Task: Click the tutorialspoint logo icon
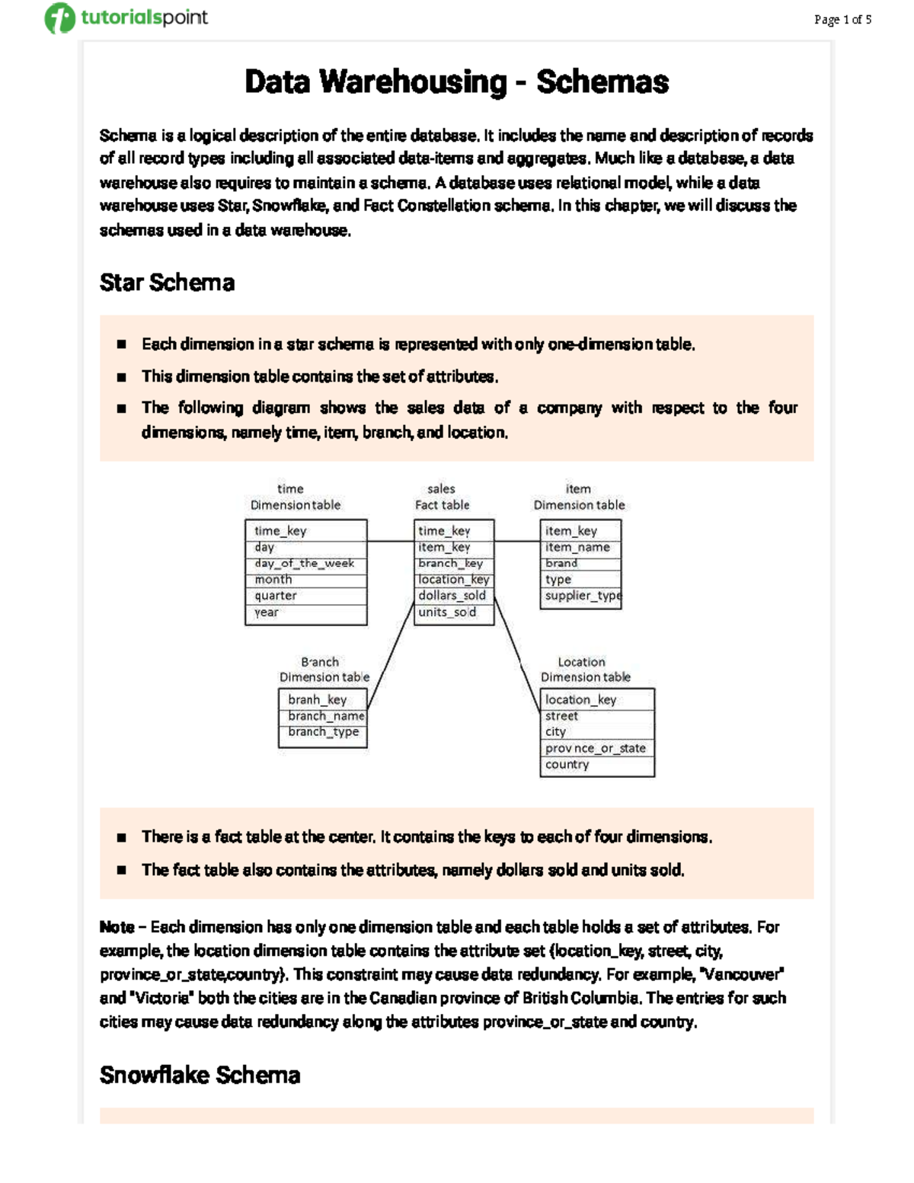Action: (59, 18)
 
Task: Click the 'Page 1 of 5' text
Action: (842, 20)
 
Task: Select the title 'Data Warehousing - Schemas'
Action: (456, 82)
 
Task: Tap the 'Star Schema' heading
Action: (167, 283)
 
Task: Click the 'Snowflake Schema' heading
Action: (200, 1075)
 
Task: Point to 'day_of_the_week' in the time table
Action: (305, 564)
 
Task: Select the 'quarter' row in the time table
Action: (276, 596)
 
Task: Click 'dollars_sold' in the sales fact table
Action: (452, 596)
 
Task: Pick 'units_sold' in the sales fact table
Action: (447, 612)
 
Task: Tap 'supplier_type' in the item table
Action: (583, 596)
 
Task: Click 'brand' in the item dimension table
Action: (561, 564)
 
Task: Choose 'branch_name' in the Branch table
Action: (326, 716)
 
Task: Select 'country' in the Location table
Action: (567, 765)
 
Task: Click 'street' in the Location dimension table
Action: (561, 716)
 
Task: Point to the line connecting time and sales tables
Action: (391, 542)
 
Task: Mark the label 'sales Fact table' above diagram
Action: (442, 497)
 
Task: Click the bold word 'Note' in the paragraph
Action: (117, 927)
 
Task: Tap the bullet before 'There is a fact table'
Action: (121, 837)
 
